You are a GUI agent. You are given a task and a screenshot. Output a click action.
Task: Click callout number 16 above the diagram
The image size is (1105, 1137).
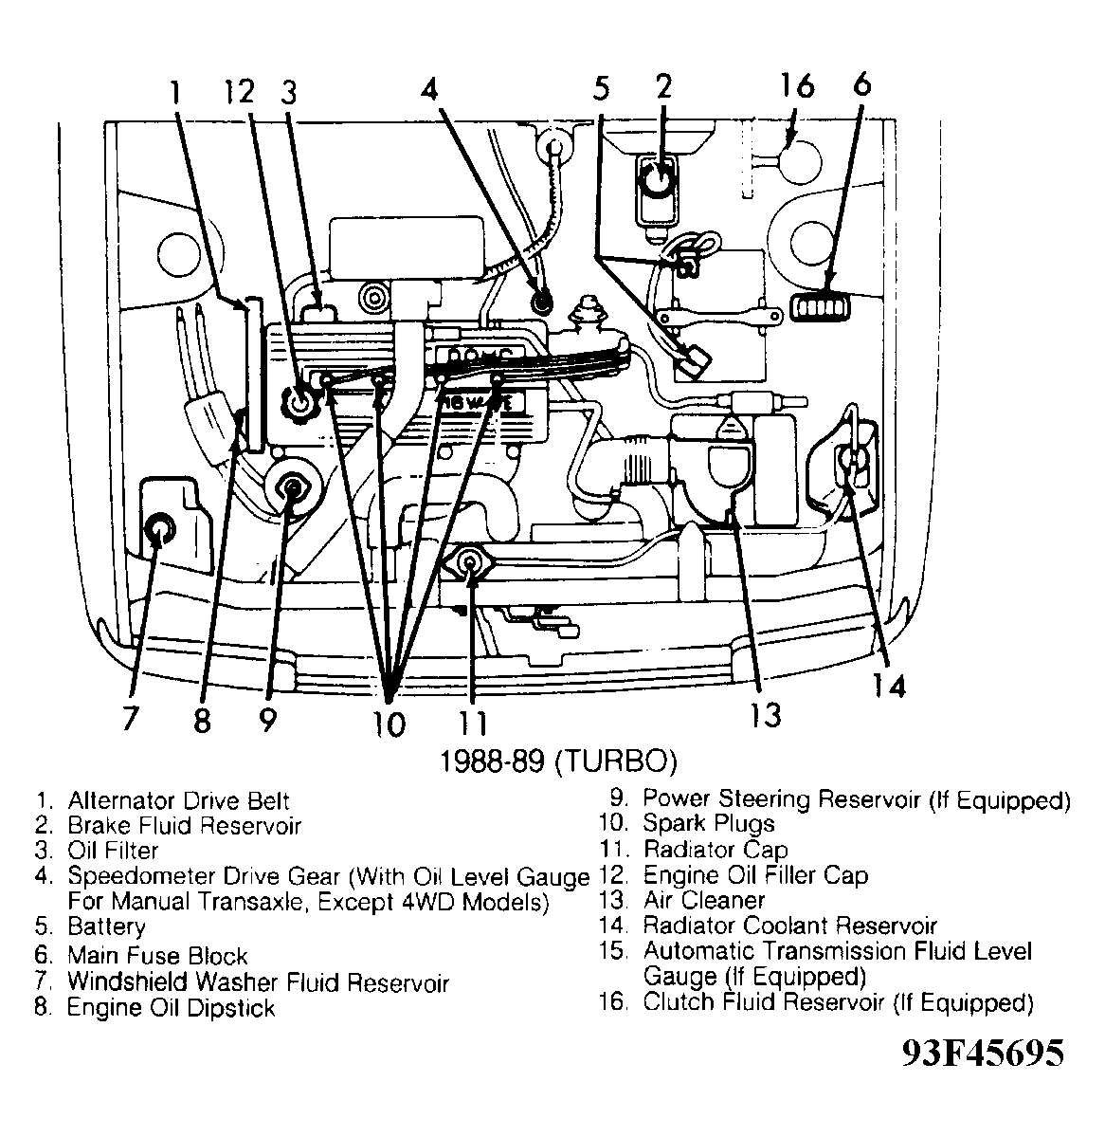(x=798, y=86)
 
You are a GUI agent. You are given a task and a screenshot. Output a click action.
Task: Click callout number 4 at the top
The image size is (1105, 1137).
(x=430, y=90)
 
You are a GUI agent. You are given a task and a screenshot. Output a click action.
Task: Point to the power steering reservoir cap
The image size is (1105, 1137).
(x=292, y=489)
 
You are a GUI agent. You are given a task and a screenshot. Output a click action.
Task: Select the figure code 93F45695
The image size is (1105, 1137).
(x=982, y=1053)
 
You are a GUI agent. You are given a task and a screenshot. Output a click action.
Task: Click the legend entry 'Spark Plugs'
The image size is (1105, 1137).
(x=708, y=825)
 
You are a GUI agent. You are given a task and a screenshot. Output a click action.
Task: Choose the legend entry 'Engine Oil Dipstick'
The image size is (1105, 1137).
(x=171, y=1008)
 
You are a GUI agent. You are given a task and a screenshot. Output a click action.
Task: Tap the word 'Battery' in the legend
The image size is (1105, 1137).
(x=106, y=926)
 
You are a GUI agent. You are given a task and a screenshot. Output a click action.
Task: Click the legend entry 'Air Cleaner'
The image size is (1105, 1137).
(x=703, y=900)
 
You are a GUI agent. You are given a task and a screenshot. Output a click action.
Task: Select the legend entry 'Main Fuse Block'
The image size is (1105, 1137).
(x=157, y=956)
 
